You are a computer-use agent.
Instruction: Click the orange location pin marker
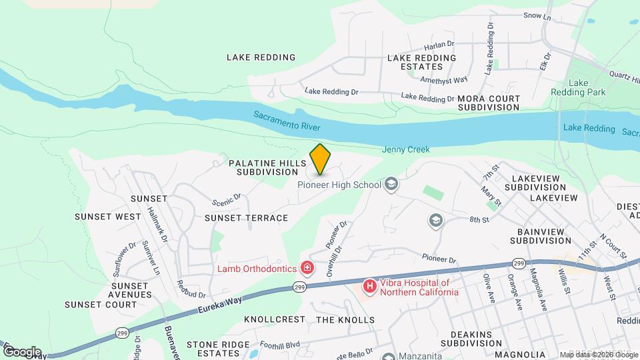(x=321, y=159)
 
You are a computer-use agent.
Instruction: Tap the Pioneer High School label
(x=339, y=185)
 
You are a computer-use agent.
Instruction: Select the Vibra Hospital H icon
(x=369, y=287)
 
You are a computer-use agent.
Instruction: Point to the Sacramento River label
(x=287, y=121)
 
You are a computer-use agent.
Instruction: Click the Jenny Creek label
(x=405, y=150)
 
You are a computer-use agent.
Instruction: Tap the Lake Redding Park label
(x=578, y=87)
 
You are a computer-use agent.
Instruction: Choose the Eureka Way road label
(x=221, y=305)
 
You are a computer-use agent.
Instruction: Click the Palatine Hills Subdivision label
(x=267, y=167)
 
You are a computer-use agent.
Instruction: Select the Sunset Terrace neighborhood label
(x=246, y=218)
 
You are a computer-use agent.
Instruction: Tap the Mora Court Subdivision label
(x=489, y=103)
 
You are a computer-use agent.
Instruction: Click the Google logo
(x=21, y=352)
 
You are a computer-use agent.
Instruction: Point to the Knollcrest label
(x=274, y=320)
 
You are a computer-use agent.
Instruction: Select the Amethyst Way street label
(x=444, y=80)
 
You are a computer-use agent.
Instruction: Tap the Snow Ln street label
(x=537, y=15)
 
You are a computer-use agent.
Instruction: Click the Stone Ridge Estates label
(x=213, y=349)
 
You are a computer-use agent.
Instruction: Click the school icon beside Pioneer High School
(x=391, y=185)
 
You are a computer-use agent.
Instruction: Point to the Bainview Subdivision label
(x=541, y=236)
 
